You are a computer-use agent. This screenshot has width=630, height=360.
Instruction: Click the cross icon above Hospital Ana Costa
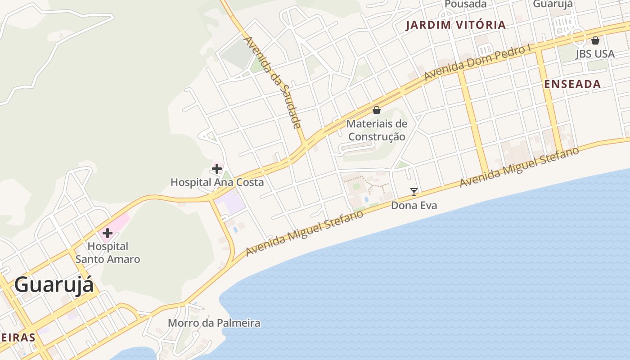click(x=217, y=169)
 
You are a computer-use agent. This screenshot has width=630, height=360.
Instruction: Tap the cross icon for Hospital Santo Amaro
click(x=108, y=233)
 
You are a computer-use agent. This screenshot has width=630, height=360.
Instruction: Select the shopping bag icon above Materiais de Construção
click(x=377, y=110)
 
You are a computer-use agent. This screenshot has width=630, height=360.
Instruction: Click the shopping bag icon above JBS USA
click(x=595, y=40)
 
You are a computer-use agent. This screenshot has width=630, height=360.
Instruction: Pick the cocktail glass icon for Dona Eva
click(x=414, y=192)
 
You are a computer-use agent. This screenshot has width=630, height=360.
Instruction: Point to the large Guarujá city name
click(x=54, y=285)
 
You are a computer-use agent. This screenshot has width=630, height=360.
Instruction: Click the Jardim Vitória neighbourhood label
click(x=456, y=25)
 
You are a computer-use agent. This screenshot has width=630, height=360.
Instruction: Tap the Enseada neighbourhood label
click(x=572, y=84)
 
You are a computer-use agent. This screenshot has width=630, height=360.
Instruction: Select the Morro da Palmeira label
click(x=214, y=323)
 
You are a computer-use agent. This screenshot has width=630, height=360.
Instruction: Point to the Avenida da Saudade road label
click(x=272, y=82)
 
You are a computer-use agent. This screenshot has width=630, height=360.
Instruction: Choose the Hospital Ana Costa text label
click(x=217, y=182)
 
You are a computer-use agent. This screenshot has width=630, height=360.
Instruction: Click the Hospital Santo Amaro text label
click(x=108, y=252)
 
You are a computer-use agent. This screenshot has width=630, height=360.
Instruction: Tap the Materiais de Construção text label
click(x=377, y=130)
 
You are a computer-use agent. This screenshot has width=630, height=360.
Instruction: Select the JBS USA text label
click(x=595, y=54)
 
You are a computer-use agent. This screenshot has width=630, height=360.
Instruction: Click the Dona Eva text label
click(x=414, y=206)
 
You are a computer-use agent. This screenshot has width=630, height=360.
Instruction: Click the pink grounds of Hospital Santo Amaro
click(x=119, y=223)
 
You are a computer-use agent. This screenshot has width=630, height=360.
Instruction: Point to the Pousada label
click(x=466, y=4)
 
